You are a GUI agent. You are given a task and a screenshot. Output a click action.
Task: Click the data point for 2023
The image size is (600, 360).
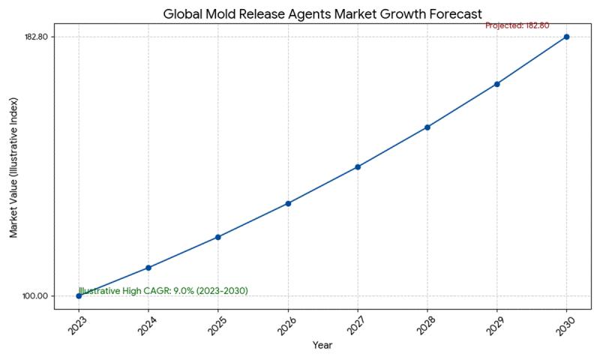[79, 295]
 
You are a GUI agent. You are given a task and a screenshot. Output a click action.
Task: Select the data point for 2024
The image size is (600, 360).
[148, 268]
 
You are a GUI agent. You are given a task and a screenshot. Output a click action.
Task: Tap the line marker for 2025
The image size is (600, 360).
[217, 237]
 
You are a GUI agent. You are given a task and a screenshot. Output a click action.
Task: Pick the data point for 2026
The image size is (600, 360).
[288, 203]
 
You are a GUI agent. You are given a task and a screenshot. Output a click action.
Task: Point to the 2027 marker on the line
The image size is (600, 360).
[358, 166]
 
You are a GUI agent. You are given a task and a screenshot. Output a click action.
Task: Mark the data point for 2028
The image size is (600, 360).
[427, 127]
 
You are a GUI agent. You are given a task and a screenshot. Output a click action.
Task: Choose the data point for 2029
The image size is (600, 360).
[496, 84]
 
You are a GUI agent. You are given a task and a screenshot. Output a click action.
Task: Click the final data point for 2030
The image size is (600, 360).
[566, 37]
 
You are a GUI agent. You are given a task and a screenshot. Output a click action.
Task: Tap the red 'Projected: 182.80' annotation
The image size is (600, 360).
[517, 25]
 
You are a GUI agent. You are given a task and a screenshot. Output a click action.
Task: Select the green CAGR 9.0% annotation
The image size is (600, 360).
[163, 291]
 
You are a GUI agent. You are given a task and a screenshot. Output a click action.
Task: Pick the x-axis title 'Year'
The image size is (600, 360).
[322, 346]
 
